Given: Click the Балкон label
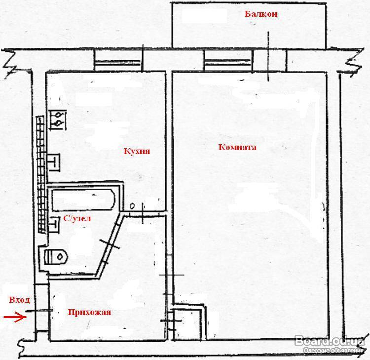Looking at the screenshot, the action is tap(261, 14).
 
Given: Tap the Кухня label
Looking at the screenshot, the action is tap(137, 151).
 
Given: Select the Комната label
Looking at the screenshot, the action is tap(237, 147).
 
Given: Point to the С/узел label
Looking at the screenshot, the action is tap(77, 218).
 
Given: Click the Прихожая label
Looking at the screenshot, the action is tap(89, 312).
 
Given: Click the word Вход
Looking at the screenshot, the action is tap(19, 300).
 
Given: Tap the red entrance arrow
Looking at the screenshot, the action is tap(15, 317).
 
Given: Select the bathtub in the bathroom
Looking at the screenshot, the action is tap(83, 200).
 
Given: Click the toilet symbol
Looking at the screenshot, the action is tap(56, 256).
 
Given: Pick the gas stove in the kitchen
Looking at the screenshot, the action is tap(58, 120).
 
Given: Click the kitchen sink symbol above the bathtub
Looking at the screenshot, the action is tap(54, 162).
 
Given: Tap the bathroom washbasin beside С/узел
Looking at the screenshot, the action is tap(54, 224).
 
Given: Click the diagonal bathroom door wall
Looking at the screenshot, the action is tap(109, 245).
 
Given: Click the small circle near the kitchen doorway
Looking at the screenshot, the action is tap(132, 206).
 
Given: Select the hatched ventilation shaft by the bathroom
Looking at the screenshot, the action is tap(41, 174).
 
